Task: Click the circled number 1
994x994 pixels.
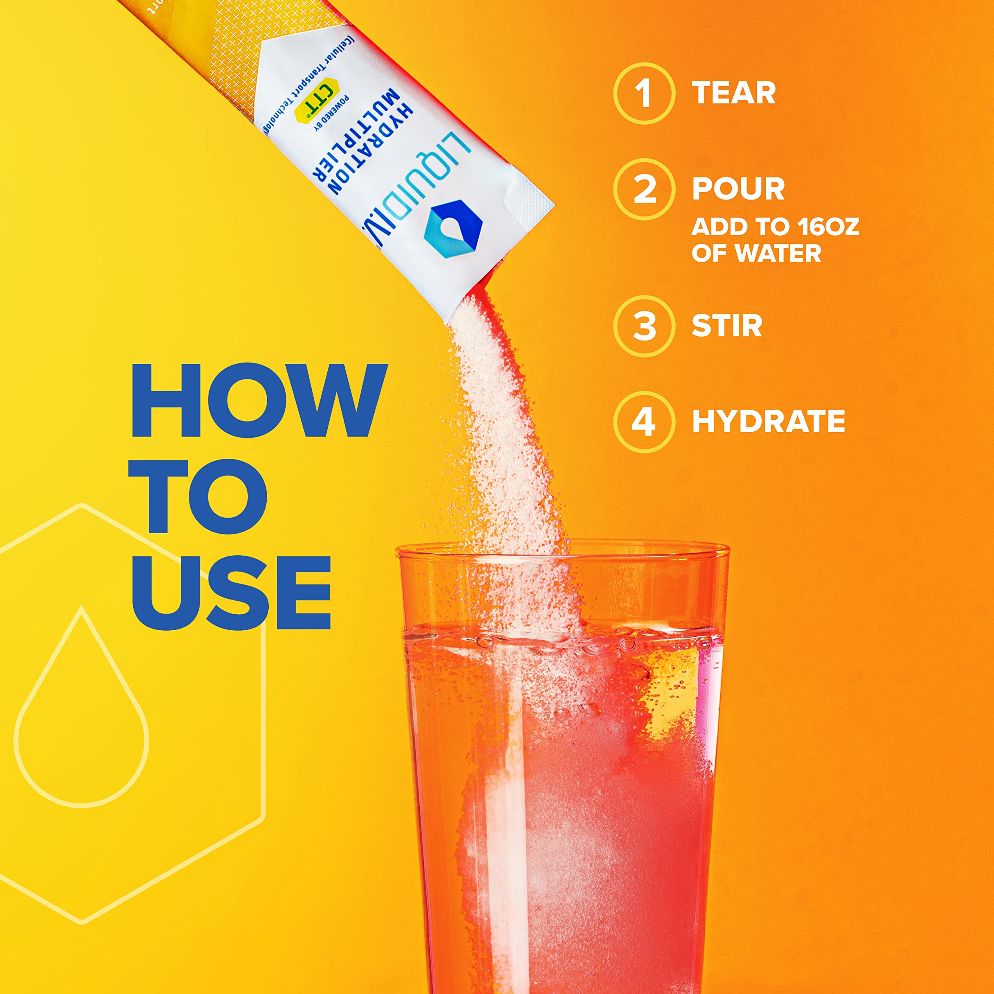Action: tap(644, 93)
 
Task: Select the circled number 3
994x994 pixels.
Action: tap(644, 326)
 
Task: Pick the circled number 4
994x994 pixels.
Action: tap(644, 421)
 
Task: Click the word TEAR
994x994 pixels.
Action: tap(734, 93)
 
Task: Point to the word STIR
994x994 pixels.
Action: tap(726, 326)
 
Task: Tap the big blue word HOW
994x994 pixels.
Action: tap(259, 401)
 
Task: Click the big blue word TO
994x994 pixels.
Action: tap(200, 497)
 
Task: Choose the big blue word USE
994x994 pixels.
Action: tap(231, 592)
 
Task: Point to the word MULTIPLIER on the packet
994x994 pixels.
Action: tap(358, 141)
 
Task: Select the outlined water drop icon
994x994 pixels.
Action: tap(81, 710)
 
